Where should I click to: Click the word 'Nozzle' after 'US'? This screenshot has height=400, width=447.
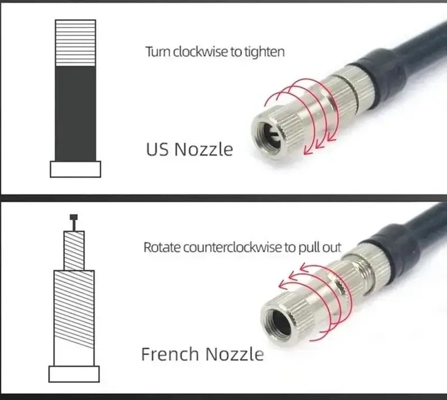tap(204, 149)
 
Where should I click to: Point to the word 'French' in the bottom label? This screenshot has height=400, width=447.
tap(170, 354)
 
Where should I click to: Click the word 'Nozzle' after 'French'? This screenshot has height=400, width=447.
tap(235, 354)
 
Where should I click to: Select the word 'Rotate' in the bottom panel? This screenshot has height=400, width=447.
tap(162, 247)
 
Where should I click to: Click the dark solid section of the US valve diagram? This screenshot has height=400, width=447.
tap(76, 114)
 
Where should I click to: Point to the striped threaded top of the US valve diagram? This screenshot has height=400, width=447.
tap(76, 43)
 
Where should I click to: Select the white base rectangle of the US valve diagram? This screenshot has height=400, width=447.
tap(76, 170)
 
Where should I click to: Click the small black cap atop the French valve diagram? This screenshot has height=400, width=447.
tap(74, 217)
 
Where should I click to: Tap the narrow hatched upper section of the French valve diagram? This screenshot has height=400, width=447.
tap(74, 251)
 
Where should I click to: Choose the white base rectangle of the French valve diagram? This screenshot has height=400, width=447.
tap(74, 374)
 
